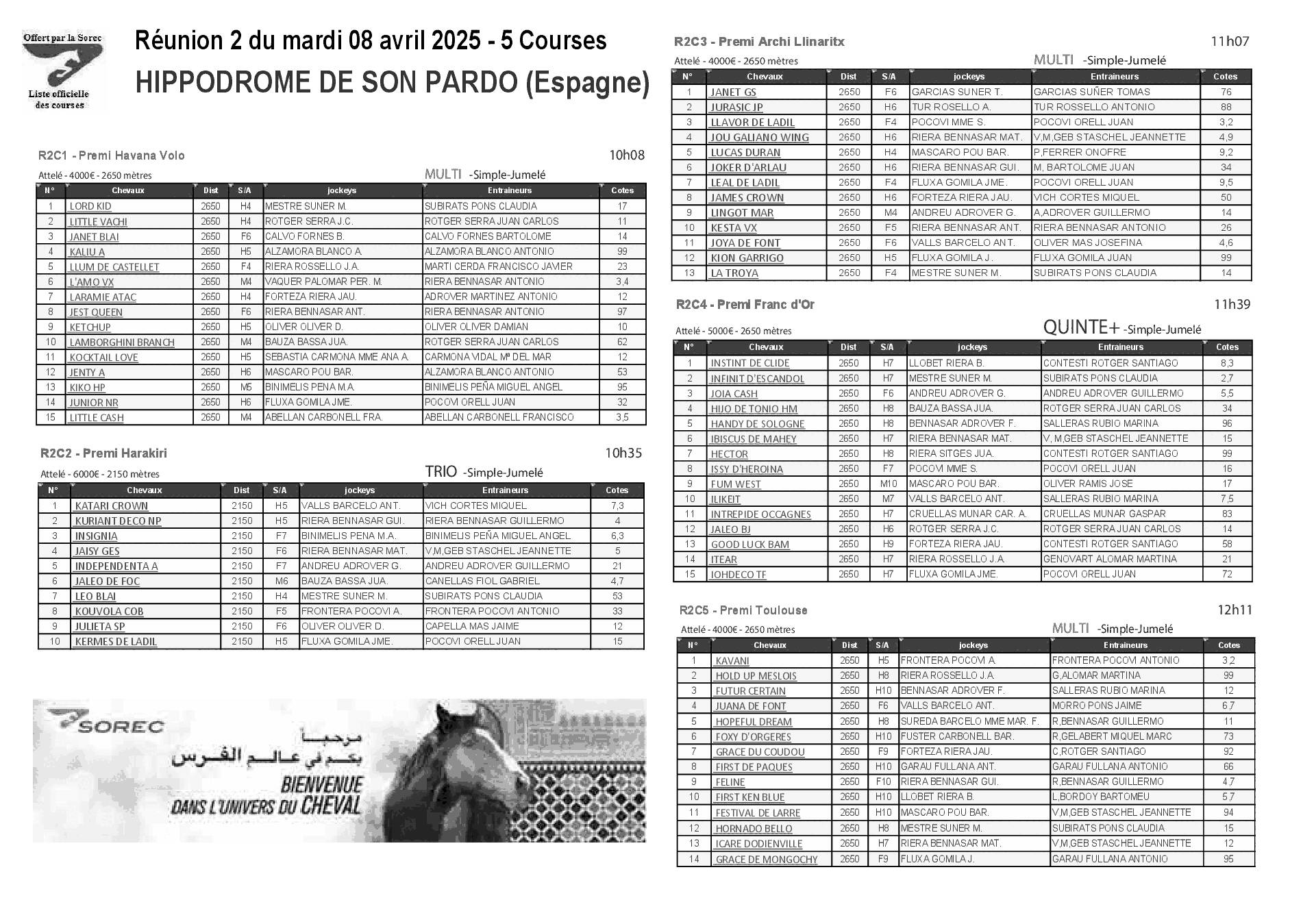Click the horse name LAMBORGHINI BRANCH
coord(122,342)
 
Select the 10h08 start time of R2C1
coord(627,155)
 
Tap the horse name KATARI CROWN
coord(111,506)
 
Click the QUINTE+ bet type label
coord(1082,327)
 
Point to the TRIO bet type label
coord(441,471)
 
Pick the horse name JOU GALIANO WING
coord(759,138)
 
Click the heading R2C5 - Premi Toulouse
coord(743,610)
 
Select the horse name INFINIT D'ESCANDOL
coord(757,379)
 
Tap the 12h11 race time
coord(1235,610)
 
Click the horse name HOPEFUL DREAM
coord(754,722)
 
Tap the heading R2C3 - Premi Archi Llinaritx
coord(759,42)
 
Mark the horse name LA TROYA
coord(734,273)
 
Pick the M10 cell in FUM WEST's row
coord(888,484)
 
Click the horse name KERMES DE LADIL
coord(116,642)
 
